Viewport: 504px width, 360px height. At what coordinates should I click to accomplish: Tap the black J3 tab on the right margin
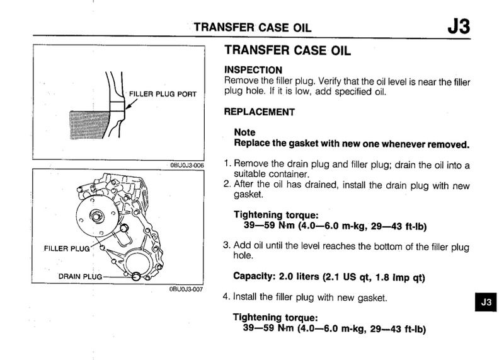pos(484,302)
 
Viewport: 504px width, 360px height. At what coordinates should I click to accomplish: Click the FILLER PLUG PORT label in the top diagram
pos(163,95)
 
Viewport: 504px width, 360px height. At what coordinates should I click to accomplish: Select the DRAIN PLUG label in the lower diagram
pos(80,276)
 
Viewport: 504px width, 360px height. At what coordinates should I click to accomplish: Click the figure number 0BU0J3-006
pos(186,165)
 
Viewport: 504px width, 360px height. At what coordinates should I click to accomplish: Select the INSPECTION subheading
pos(253,69)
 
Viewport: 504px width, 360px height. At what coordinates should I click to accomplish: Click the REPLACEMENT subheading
pos(260,112)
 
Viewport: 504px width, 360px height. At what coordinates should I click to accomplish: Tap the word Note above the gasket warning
pos(244,133)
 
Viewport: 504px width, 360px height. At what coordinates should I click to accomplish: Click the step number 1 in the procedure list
pos(227,164)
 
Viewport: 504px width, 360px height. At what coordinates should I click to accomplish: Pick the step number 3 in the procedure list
pos(227,245)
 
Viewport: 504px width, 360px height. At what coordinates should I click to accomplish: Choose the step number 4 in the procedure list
pos(227,296)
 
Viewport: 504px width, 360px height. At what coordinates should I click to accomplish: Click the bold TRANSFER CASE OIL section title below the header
pos(287,52)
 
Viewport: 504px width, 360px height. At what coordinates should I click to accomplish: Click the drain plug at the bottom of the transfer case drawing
pos(135,276)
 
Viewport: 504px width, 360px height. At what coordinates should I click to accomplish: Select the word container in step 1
pos(290,173)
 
